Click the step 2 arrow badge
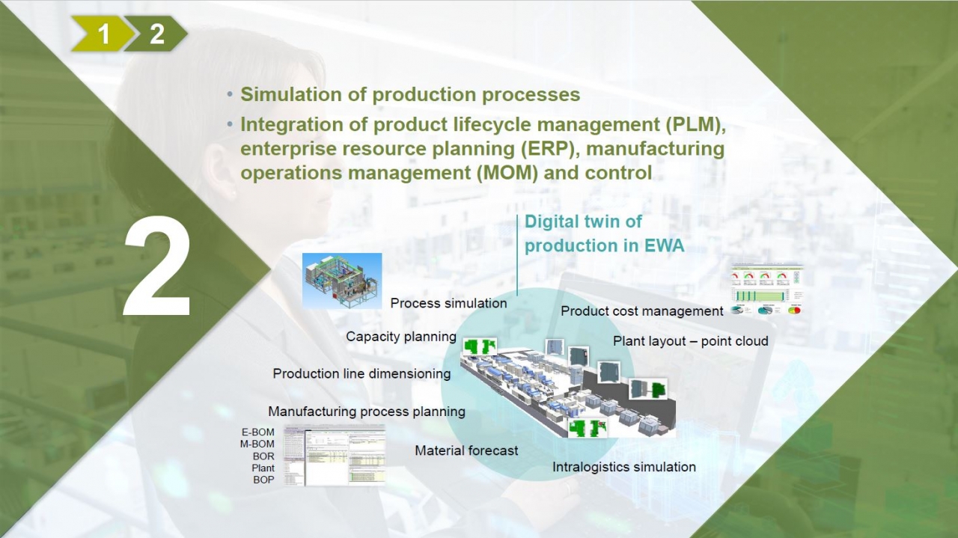point(157,34)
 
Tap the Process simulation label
point(448,303)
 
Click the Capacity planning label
point(401,337)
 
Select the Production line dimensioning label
point(361,373)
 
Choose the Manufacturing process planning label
point(367,412)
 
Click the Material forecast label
point(466,450)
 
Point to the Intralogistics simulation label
point(624,467)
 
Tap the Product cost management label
point(642,311)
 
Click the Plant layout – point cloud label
point(691,341)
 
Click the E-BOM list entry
point(257,432)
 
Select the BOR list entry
point(263,456)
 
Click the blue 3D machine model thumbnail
point(342,280)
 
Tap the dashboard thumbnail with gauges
point(766,289)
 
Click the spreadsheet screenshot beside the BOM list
point(335,454)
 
